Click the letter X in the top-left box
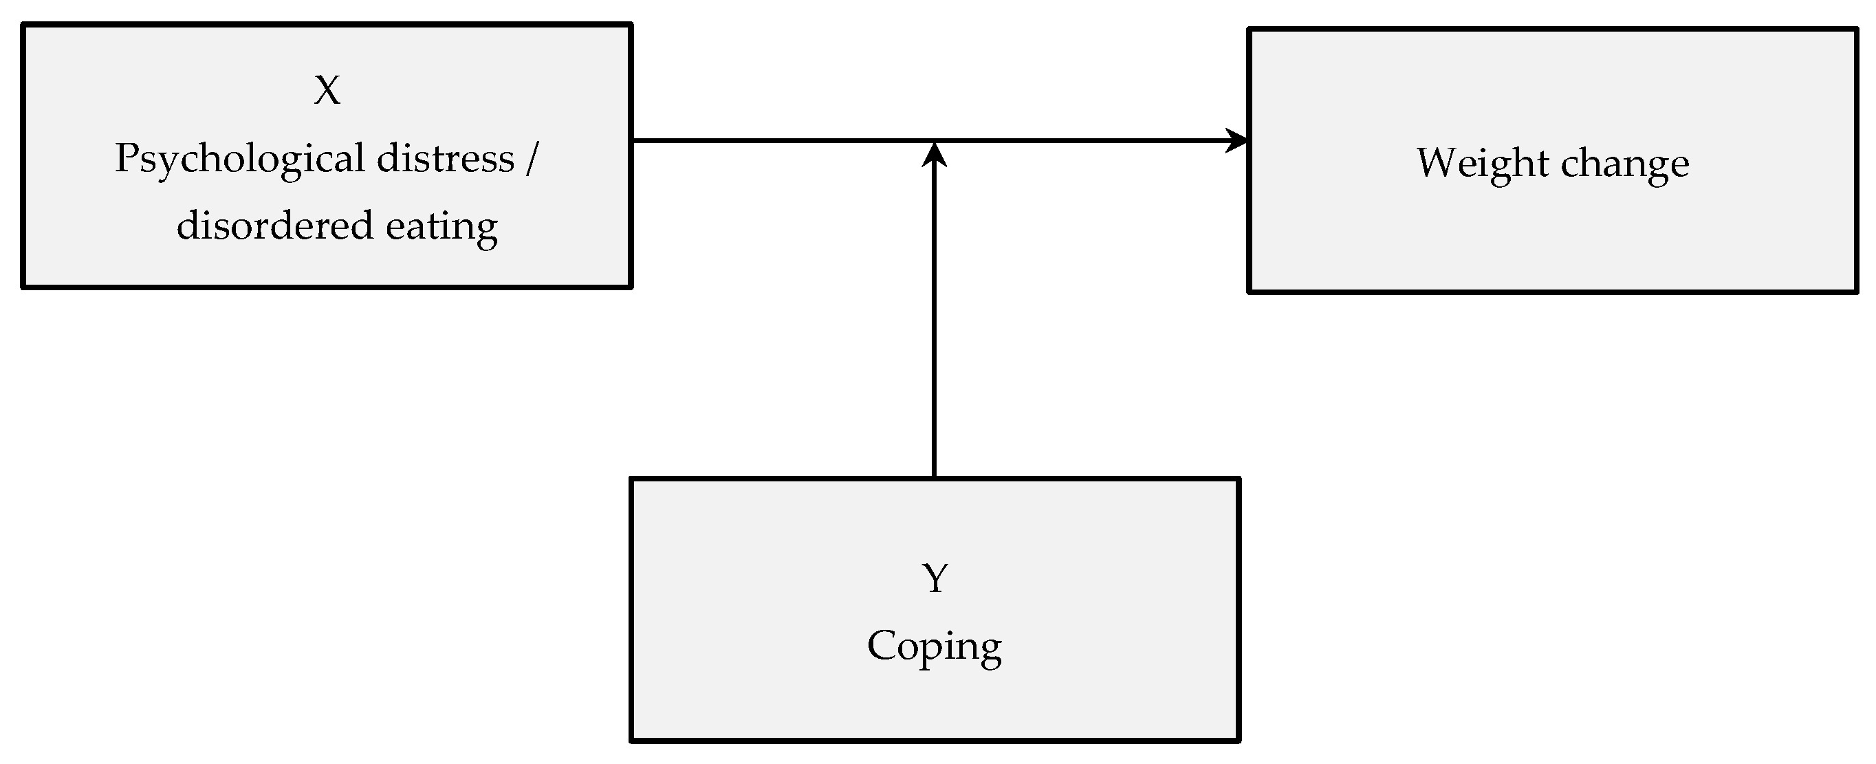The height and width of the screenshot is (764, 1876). [327, 91]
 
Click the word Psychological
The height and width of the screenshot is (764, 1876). [239, 159]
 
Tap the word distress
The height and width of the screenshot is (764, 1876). [445, 159]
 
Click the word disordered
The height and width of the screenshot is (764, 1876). [275, 225]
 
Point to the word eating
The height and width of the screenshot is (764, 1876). [441, 227]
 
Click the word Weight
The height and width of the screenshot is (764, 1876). [1482, 163]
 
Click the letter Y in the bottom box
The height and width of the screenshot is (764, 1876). [935, 578]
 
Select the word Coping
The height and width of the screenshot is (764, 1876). [935, 646]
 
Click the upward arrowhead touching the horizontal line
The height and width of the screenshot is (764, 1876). [935, 155]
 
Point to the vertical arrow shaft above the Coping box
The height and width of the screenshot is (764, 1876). [935, 328]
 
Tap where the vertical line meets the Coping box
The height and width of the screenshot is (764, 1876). [935, 478]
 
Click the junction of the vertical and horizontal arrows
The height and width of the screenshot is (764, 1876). [935, 141]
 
